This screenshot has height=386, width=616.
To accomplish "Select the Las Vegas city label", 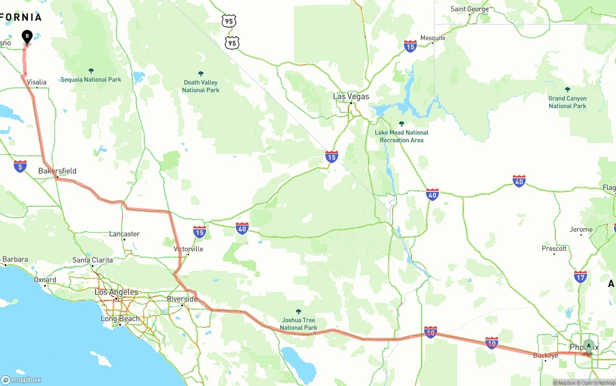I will pos(351,97).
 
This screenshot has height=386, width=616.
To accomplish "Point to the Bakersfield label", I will pos(57,171).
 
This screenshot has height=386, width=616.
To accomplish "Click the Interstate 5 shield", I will pos(20,166).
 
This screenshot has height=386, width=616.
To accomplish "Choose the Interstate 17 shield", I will pos(580,276).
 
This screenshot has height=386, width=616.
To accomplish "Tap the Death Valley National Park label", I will pos(201,87).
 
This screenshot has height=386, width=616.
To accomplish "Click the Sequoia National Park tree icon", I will pos(91,71).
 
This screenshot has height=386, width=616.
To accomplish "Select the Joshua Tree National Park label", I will pos(298,324).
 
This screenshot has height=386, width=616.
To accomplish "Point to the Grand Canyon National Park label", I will pos(567,102).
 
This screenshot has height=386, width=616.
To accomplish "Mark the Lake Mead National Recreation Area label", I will pos(401,136).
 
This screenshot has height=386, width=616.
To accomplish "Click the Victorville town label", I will pos(188,249).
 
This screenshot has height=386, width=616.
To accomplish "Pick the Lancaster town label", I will pos(124,234).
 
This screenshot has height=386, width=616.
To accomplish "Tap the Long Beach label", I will pos(120,319).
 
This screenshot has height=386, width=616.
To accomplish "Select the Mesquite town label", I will pos(433,38).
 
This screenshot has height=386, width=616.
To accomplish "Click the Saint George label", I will pos(469,9).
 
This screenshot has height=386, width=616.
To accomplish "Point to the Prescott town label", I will pos(554,249).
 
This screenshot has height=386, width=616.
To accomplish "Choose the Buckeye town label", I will pos(545,355).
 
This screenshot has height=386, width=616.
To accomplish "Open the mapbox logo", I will pos(21,380).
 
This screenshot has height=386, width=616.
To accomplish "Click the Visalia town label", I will pos(37,82).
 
